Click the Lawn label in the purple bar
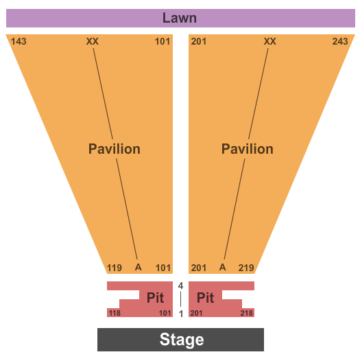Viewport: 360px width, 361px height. pyautogui.click(x=180, y=18)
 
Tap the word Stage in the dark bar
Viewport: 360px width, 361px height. pyautogui.click(x=182, y=340)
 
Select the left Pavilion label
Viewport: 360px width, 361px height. pyautogui.click(x=115, y=149)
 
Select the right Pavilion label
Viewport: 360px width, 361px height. pyautogui.click(x=248, y=149)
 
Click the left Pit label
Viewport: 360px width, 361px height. pyautogui.click(x=155, y=297)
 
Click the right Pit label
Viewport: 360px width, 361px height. pyautogui.click(x=206, y=297)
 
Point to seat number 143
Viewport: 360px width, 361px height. pyautogui.click(x=19, y=41)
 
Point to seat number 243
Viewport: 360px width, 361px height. pyautogui.click(x=340, y=41)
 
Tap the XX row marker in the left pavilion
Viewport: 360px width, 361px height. pyautogui.click(x=93, y=41)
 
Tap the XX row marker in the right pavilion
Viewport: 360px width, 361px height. pyautogui.click(x=269, y=41)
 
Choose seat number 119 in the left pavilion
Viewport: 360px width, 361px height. pyautogui.click(x=115, y=268)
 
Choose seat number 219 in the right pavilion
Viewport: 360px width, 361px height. pyautogui.click(x=246, y=268)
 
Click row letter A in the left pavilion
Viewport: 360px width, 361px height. pyautogui.click(x=138, y=267)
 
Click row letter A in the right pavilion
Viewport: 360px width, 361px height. pyautogui.click(x=222, y=267)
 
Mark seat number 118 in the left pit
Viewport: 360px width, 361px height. pyautogui.click(x=115, y=313)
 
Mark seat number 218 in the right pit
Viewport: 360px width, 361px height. pyautogui.click(x=247, y=313)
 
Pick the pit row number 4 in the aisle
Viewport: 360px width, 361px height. pyautogui.click(x=180, y=286)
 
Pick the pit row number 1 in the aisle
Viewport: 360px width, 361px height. pyautogui.click(x=181, y=314)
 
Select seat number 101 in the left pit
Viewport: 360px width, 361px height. pyautogui.click(x=165, y=313)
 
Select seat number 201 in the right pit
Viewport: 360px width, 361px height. pyautogui.click(x=196, y=313)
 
